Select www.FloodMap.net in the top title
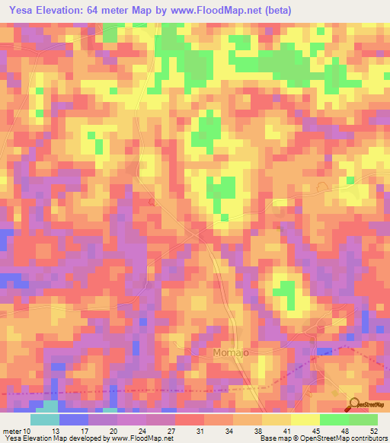[x=222, y=11]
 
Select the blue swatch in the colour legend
[x=74, y=419]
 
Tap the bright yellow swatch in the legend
[x=305, y=419]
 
